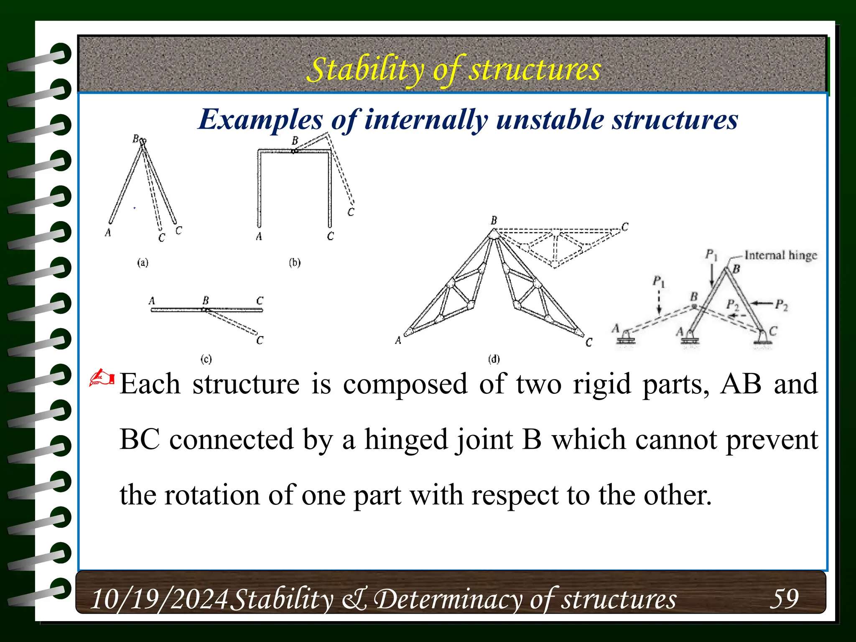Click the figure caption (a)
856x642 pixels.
point(143,262)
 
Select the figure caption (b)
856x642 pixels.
point(295,262)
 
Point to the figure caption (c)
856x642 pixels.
point(206,359)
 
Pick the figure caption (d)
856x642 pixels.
point(494,359)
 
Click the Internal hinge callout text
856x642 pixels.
point(780,255)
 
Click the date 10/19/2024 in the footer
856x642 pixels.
point(159,599)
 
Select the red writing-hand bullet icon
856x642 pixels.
point(102,378)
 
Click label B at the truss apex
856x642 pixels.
point(494,220)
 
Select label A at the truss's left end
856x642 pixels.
point(398,341)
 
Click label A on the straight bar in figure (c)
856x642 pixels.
point(152,301)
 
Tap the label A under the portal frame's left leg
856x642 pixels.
point(259,237)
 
